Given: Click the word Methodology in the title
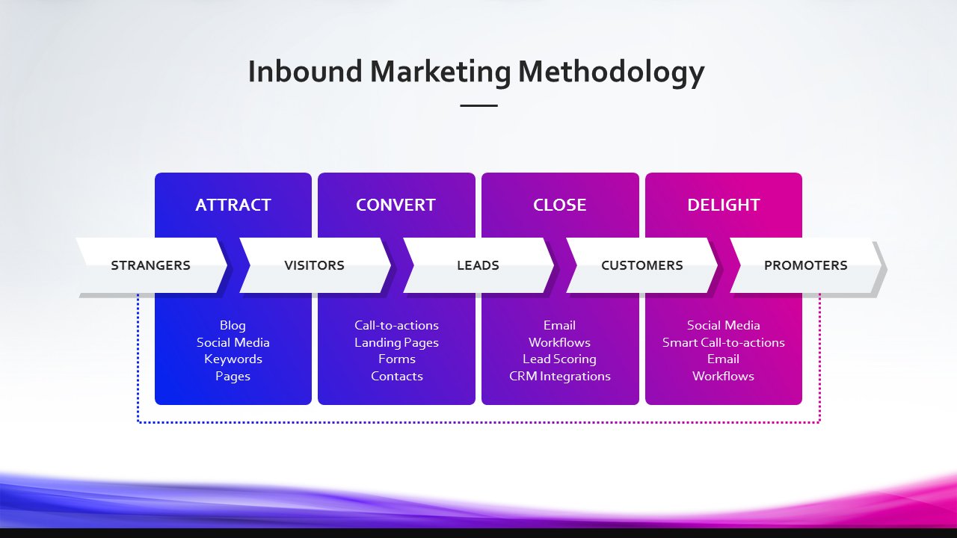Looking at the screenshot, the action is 611,72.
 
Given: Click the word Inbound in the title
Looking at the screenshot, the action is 305,71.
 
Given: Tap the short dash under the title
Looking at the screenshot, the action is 479,105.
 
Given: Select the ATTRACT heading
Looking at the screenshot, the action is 233,205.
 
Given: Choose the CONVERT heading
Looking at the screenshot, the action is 396,205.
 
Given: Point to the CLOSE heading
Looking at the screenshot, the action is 560,205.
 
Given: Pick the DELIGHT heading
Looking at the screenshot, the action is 724,205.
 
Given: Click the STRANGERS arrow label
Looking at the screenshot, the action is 151,265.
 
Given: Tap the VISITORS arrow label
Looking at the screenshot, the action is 315,265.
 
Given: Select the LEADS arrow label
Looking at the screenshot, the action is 478,265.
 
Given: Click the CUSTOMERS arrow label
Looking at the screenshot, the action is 642,265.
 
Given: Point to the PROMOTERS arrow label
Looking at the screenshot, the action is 806,265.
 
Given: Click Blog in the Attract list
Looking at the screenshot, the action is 233,326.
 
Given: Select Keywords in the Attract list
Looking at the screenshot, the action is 233,359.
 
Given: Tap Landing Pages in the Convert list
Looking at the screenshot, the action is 396,342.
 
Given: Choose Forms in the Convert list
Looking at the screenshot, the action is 397,359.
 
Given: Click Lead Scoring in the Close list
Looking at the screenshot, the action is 560,359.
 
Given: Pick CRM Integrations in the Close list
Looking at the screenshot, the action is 560,376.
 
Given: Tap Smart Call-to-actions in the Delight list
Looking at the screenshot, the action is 724,342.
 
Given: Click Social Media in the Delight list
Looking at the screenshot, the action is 724,325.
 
